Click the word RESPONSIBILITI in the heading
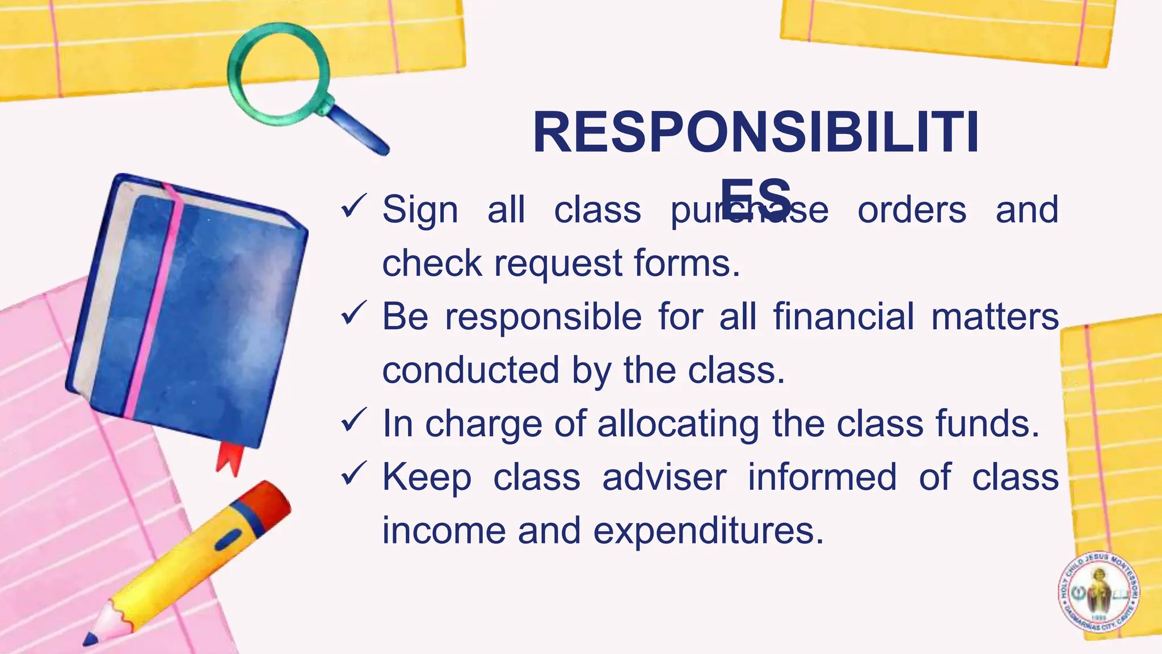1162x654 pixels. tap(756, 133)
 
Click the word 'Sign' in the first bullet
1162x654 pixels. tap(420, 210)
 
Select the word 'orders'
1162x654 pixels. tap(912, 210)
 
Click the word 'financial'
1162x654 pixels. tap(844, 316)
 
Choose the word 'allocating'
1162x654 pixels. tap(678, 424)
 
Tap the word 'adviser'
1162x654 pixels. tap(664, 477)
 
